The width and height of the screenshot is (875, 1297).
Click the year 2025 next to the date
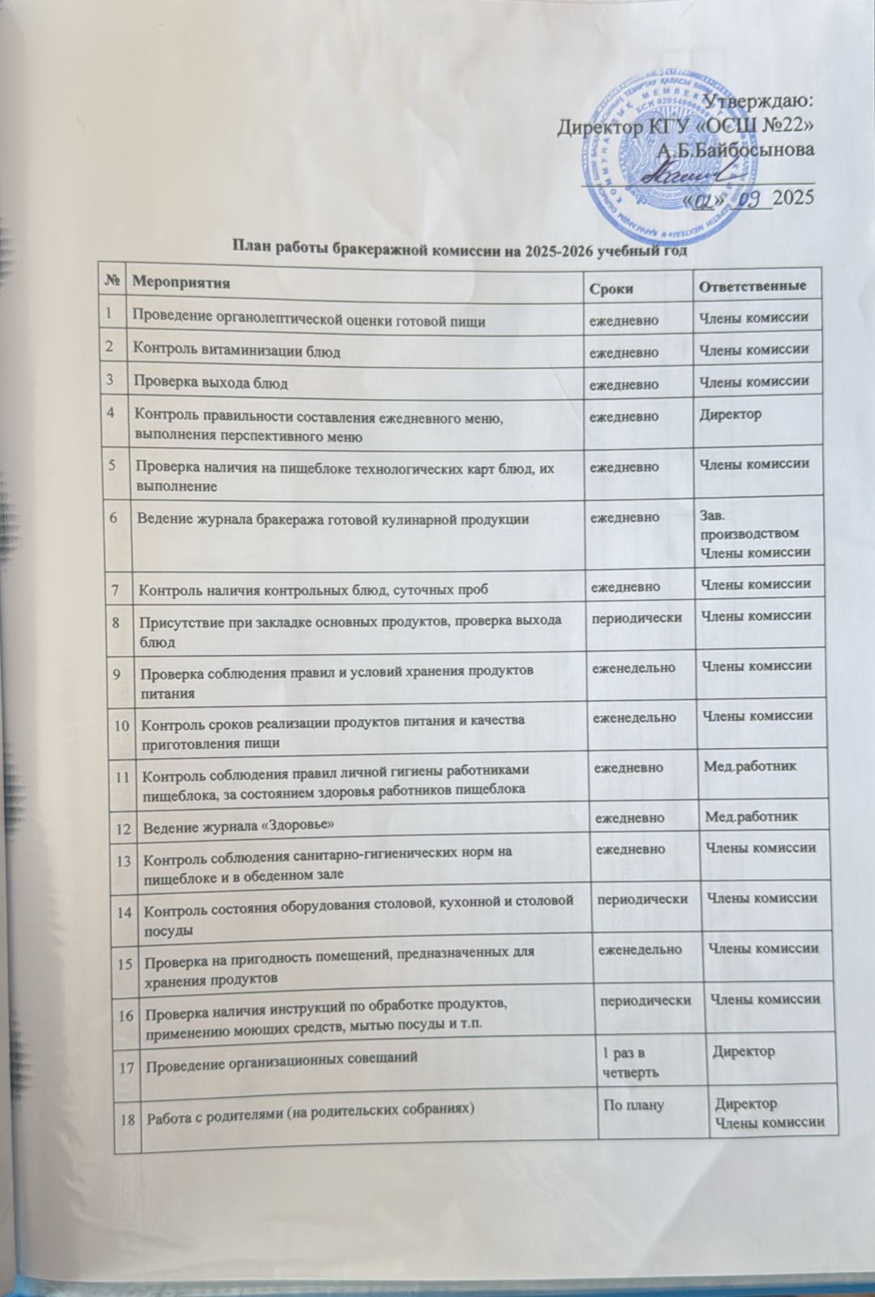pyautogui.click(x=795, y=197)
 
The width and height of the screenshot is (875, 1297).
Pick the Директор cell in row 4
pyautogui.click(x=730, y=414)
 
